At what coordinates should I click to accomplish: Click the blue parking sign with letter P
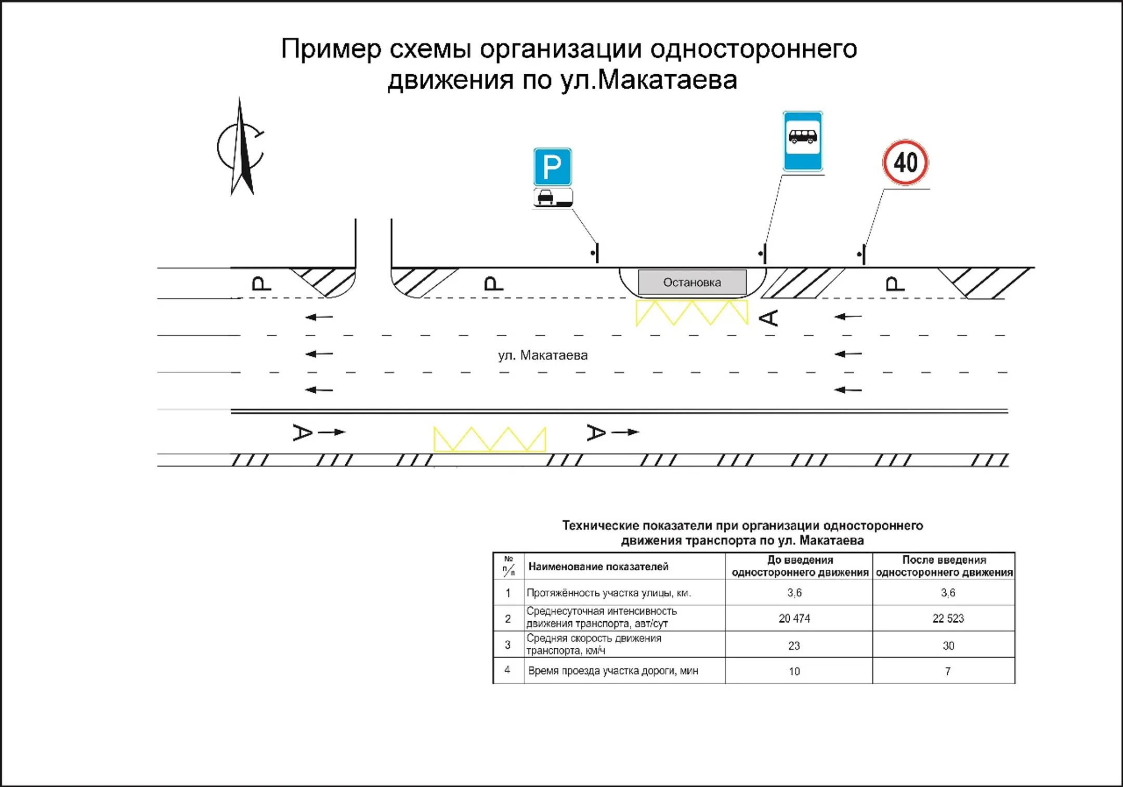pos(552,167)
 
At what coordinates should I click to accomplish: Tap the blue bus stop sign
pos(803,141)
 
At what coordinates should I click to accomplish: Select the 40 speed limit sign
pos(905,163)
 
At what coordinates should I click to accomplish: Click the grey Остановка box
pos(692,282)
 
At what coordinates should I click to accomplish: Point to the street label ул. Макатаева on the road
pos(543,355)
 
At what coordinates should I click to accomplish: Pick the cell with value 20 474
pos(794,618)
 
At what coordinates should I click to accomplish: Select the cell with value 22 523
pos(948,618)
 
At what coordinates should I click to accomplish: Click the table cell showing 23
pos(794,646)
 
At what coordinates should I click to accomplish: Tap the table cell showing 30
pos(948,646)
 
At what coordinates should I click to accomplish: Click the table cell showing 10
pos(794,671)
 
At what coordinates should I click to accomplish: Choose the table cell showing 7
pos(948,671)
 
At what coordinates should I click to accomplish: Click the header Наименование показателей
pos(598,566)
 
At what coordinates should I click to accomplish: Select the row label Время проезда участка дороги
pos(613,671)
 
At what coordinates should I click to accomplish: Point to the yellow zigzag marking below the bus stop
pos(692,313)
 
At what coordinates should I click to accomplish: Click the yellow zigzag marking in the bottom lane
pos(490,439)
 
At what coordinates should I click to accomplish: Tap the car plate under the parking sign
pos(553,197)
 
